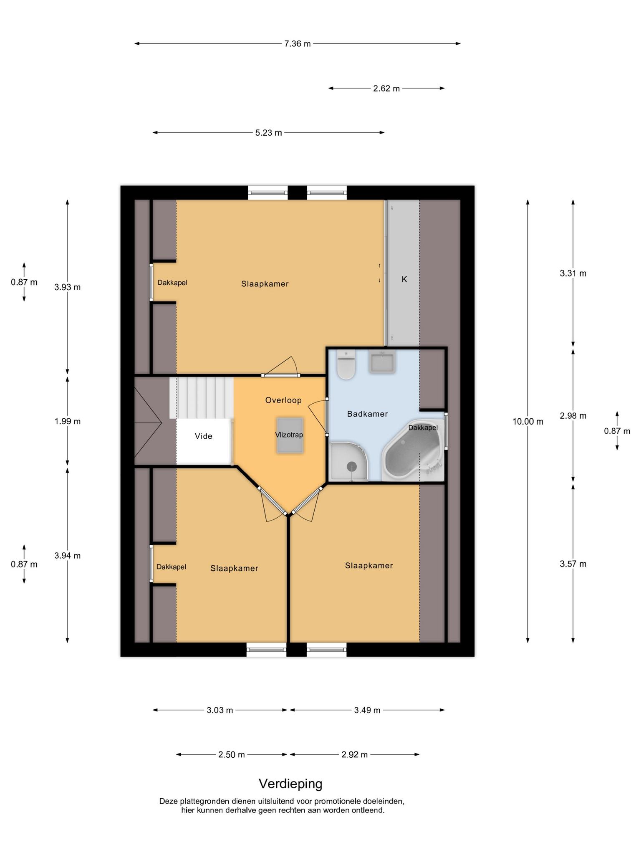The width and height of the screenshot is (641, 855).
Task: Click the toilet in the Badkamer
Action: [346, 364]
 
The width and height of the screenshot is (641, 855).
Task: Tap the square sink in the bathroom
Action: [381, 362]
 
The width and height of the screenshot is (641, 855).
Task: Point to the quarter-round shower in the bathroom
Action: [349, 462]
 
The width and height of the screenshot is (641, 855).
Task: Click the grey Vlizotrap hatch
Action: [289, 435]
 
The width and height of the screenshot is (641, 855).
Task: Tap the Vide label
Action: [204, 436]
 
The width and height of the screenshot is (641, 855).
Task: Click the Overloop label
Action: [283, 400]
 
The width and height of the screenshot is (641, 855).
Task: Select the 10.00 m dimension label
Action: [528, 422]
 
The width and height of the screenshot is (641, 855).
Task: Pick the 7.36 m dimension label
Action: [298, 43]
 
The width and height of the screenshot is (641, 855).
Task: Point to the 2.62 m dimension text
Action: [386, 89]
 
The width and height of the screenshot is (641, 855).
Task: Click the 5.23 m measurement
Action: [269, 133]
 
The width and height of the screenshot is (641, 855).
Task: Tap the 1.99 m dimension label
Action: [68, 421]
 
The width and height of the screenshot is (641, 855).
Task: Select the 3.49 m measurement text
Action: [367, 710]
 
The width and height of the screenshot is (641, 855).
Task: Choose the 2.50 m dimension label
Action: [232, 755]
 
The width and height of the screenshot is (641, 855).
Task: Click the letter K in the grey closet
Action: [404, 279]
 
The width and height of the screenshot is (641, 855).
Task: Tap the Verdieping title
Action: [291, 784]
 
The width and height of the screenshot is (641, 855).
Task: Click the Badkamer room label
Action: [368, 414]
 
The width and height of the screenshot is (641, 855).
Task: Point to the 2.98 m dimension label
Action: [573, 416]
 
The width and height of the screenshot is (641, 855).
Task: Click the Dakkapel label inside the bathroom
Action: [423, 428]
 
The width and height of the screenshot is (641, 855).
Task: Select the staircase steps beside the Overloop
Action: [202, 397]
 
